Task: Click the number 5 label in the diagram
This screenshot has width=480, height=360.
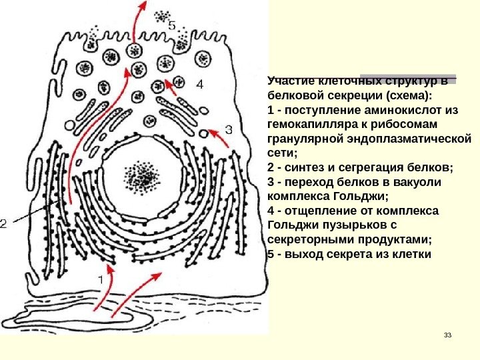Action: (172, 26)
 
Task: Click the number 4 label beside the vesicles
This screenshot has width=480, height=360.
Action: (201, 85)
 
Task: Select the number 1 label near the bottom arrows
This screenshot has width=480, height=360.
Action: (102, 280)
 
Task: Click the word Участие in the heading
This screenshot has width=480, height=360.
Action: (288, 81)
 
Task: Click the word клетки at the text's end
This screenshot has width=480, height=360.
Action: (413, 255)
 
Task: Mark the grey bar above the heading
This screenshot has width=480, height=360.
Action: (408, 78)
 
